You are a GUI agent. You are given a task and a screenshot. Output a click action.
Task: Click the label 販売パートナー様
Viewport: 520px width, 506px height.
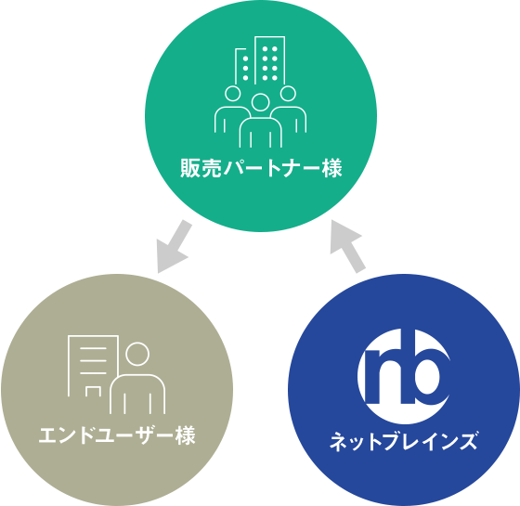click(x=261, y=168)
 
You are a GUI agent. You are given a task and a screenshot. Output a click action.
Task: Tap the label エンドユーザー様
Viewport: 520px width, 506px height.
click(x=117, y=435)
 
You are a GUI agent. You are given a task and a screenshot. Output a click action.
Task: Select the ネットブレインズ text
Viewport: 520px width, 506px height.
click(x=404, y=441)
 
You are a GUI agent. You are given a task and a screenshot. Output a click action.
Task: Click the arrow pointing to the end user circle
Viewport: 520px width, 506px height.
click(x=175, y=247)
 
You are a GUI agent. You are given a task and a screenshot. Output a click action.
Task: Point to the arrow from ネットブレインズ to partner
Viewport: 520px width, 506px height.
click(x=347, y=246)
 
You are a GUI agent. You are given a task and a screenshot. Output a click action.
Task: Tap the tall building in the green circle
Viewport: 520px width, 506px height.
click(x=270, y=59)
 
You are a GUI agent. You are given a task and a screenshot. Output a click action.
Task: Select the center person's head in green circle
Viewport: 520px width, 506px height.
click(x=260, y=102)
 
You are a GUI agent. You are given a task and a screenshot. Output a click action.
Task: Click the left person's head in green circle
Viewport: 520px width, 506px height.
click(x=232, y=94)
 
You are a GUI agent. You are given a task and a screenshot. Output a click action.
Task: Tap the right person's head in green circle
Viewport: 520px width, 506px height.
click(x=288, y=93)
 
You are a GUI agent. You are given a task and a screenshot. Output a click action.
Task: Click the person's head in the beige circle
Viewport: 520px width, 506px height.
click(x=137, y=354)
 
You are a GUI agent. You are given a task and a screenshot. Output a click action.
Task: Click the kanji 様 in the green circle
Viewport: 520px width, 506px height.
click(x=331, y=168)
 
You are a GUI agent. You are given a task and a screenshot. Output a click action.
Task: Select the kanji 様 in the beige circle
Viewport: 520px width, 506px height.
click(x=186, y=435)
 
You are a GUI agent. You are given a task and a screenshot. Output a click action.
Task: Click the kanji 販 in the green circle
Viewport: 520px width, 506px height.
click(x=190, y=168)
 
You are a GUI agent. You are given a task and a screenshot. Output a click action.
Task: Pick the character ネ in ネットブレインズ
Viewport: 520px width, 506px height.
click(x=339, y=441)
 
